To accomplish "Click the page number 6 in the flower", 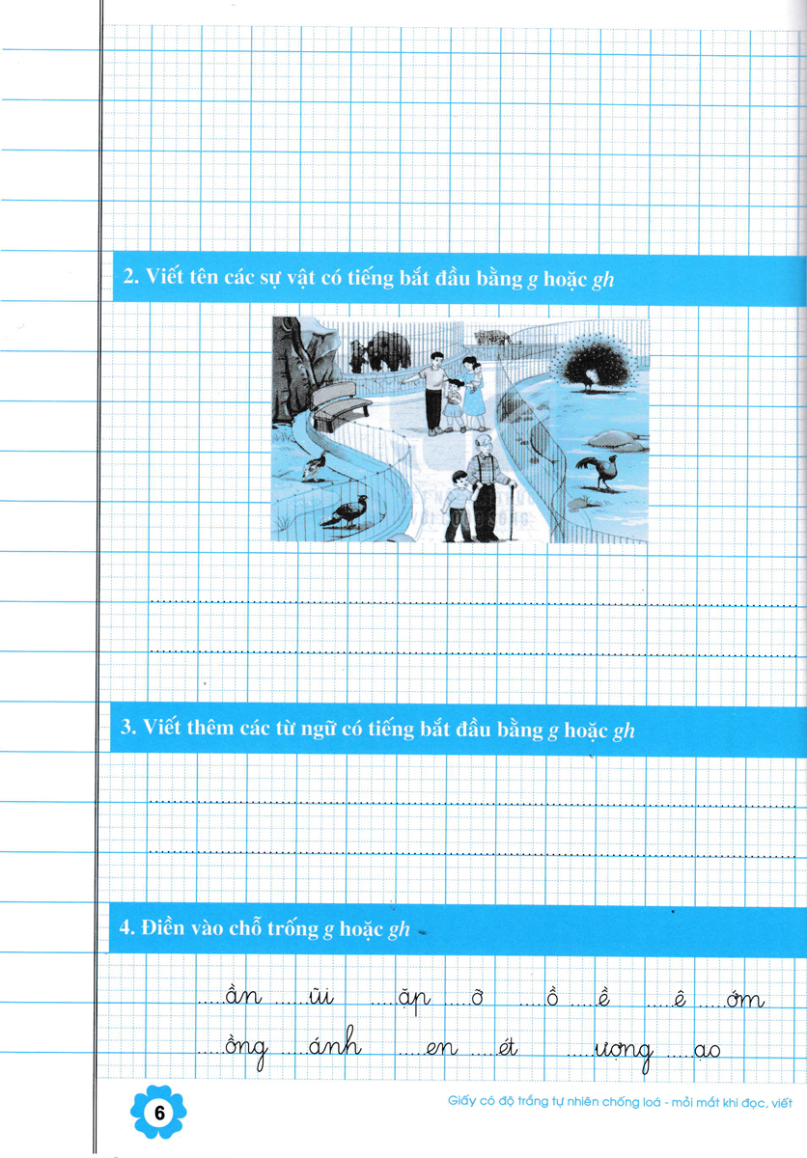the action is point(158,1113).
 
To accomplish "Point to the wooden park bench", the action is point(340,405).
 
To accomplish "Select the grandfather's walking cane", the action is point(512,510).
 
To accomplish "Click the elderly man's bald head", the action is point(484,443).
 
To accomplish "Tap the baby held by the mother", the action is point(477,373).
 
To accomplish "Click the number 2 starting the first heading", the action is point(129,277).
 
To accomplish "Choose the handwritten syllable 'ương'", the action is point(624,1051).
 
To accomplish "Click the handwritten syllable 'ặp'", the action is point(414,1000).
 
